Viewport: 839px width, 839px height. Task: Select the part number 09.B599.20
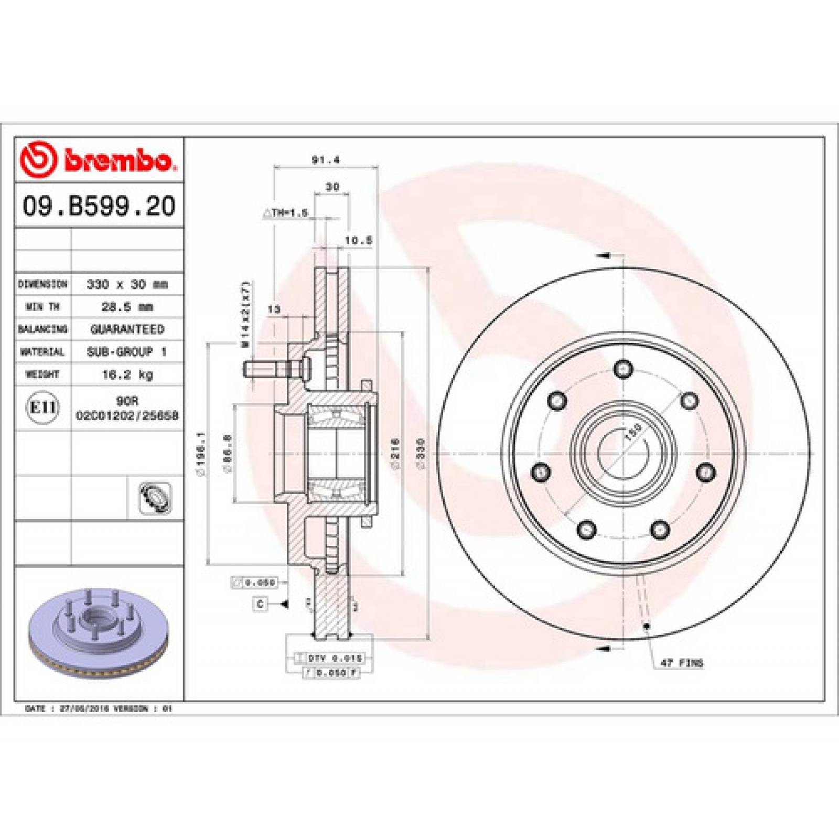[x=99, y=206]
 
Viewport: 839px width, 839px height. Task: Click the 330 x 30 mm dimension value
[x=127, y=284]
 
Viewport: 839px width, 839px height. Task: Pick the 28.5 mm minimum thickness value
[x=127, y=307]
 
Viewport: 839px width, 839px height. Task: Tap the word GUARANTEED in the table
[x=127, y=329]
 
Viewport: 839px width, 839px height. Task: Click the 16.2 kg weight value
[x=127, y=374]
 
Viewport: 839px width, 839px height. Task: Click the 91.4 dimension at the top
[x=326, y=160]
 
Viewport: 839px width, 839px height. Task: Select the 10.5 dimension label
[x=359, y=240]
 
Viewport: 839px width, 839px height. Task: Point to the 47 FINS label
[x=681, y=663]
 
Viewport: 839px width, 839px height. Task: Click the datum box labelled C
[x=260, y=604]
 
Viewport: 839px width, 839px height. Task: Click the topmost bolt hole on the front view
[x=623, y=369]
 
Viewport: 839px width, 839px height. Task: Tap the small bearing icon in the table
[x=155, y=498]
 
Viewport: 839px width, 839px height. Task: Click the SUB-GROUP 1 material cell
[x=127, y=352]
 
